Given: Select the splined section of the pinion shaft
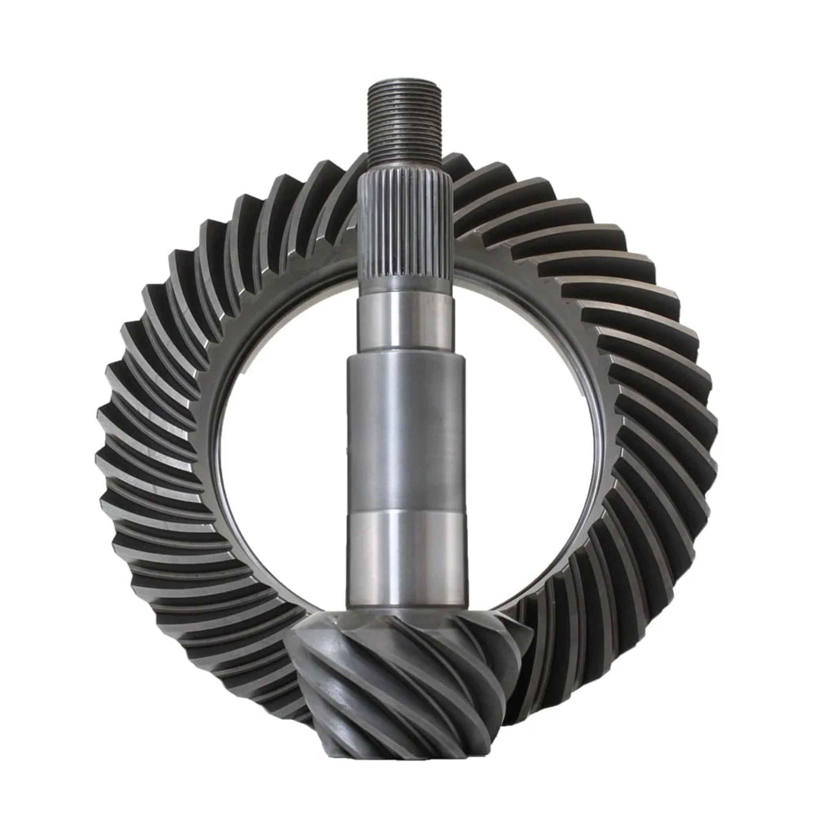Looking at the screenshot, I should point(405,229).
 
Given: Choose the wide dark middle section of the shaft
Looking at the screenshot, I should point(406,432).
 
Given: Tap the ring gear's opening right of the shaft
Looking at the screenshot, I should point(532,432).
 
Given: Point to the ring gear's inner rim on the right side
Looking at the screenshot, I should point(603,432).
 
